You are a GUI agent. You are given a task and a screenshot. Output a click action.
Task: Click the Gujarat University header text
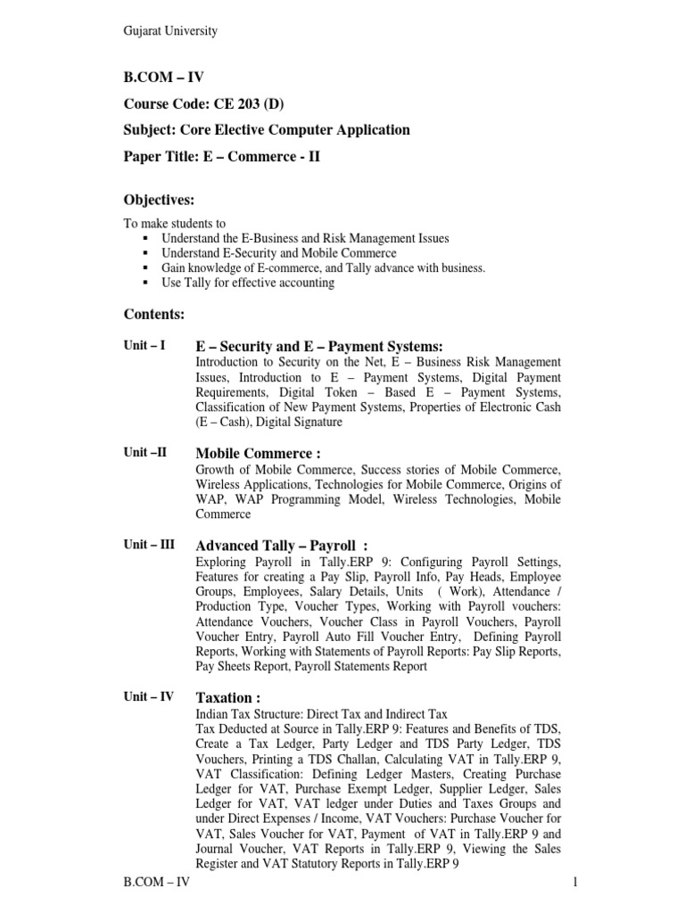click(x=169, y=31)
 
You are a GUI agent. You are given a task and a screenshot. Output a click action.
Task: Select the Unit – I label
click(x=144, y=345)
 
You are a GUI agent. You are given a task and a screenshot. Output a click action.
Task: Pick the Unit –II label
click(x=144, y=452)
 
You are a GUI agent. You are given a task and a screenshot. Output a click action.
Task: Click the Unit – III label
click(x=149, y=544)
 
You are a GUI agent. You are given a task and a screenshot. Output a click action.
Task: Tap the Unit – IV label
click(x=149, y=696)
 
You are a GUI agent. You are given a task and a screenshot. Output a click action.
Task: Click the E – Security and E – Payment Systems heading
click(x=319, y=346)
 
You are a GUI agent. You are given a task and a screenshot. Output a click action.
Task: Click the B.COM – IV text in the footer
click(x=156, y=883)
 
